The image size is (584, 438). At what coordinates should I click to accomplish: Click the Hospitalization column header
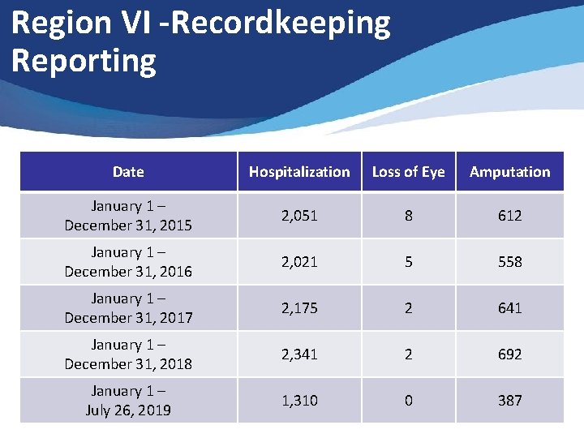[x=299, y=172]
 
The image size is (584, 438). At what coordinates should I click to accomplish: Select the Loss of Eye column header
[x=408, y=172]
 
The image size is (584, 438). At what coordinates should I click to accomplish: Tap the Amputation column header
[x=509, y=172]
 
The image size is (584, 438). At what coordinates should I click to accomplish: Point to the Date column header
[x=128, y=172]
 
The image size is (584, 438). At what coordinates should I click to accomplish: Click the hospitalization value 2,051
[x=299, y=216]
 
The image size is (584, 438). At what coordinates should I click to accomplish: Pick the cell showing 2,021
[x=299, y=262]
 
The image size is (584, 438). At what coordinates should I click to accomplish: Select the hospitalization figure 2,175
[x=299, y=308]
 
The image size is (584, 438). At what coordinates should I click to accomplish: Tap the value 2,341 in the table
[x=299, y=354]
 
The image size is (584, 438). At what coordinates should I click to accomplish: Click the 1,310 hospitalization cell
[x=299, y=401]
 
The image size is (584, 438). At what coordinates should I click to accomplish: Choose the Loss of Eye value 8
[x=408, y=216]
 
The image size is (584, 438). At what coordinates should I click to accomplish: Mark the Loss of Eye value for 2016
[x=408, y=262]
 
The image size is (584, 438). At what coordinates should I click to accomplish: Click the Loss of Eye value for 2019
[x=408, y=401]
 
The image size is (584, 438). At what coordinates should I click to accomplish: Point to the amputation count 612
[x=509, y=216]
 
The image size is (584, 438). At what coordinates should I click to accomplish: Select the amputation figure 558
[x=509, y=262]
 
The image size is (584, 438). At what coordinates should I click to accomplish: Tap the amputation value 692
[x=509, y=354]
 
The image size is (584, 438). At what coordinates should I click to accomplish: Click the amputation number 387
[x=509, y=401]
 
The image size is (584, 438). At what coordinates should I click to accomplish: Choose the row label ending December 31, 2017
[x=128, y=308]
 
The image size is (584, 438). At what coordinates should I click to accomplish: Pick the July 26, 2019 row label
[x=128, y=401]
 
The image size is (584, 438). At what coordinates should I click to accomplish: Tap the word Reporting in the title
[x=84, y=61]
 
